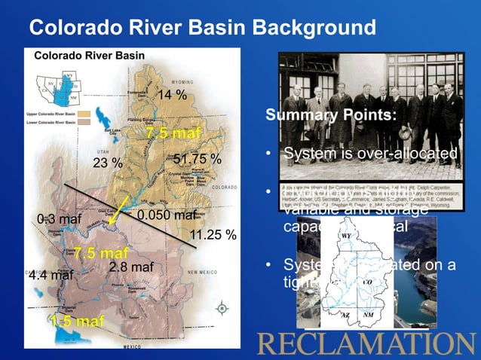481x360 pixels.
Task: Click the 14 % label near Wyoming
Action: (x=172, y=94)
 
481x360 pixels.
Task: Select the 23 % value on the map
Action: (x=107, y=163)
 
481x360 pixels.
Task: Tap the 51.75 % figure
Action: (x=198, y=160)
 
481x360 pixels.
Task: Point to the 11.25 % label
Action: (x=213, y=235)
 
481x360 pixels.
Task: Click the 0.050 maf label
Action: (x=167, y=215)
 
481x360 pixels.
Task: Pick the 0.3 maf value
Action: (x=59, y=219)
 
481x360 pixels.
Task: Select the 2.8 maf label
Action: (x=131, y=267)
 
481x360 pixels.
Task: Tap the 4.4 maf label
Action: (x=51, y=276)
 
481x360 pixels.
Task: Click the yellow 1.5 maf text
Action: (x=78, y=322)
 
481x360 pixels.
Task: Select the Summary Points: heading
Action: (x=330, y=116)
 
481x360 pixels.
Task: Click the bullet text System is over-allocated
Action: (x=370, y=154)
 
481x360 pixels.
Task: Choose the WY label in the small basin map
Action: (x=346, y=236)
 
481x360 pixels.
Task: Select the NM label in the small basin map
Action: (x=367, y=314)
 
